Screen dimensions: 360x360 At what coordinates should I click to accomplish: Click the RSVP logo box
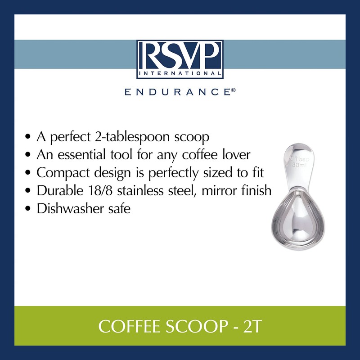tap(180, 59)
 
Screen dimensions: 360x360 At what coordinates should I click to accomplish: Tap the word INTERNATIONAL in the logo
tap(180, 73)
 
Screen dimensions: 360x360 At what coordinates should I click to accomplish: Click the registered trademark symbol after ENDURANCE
tap(233, 90)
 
